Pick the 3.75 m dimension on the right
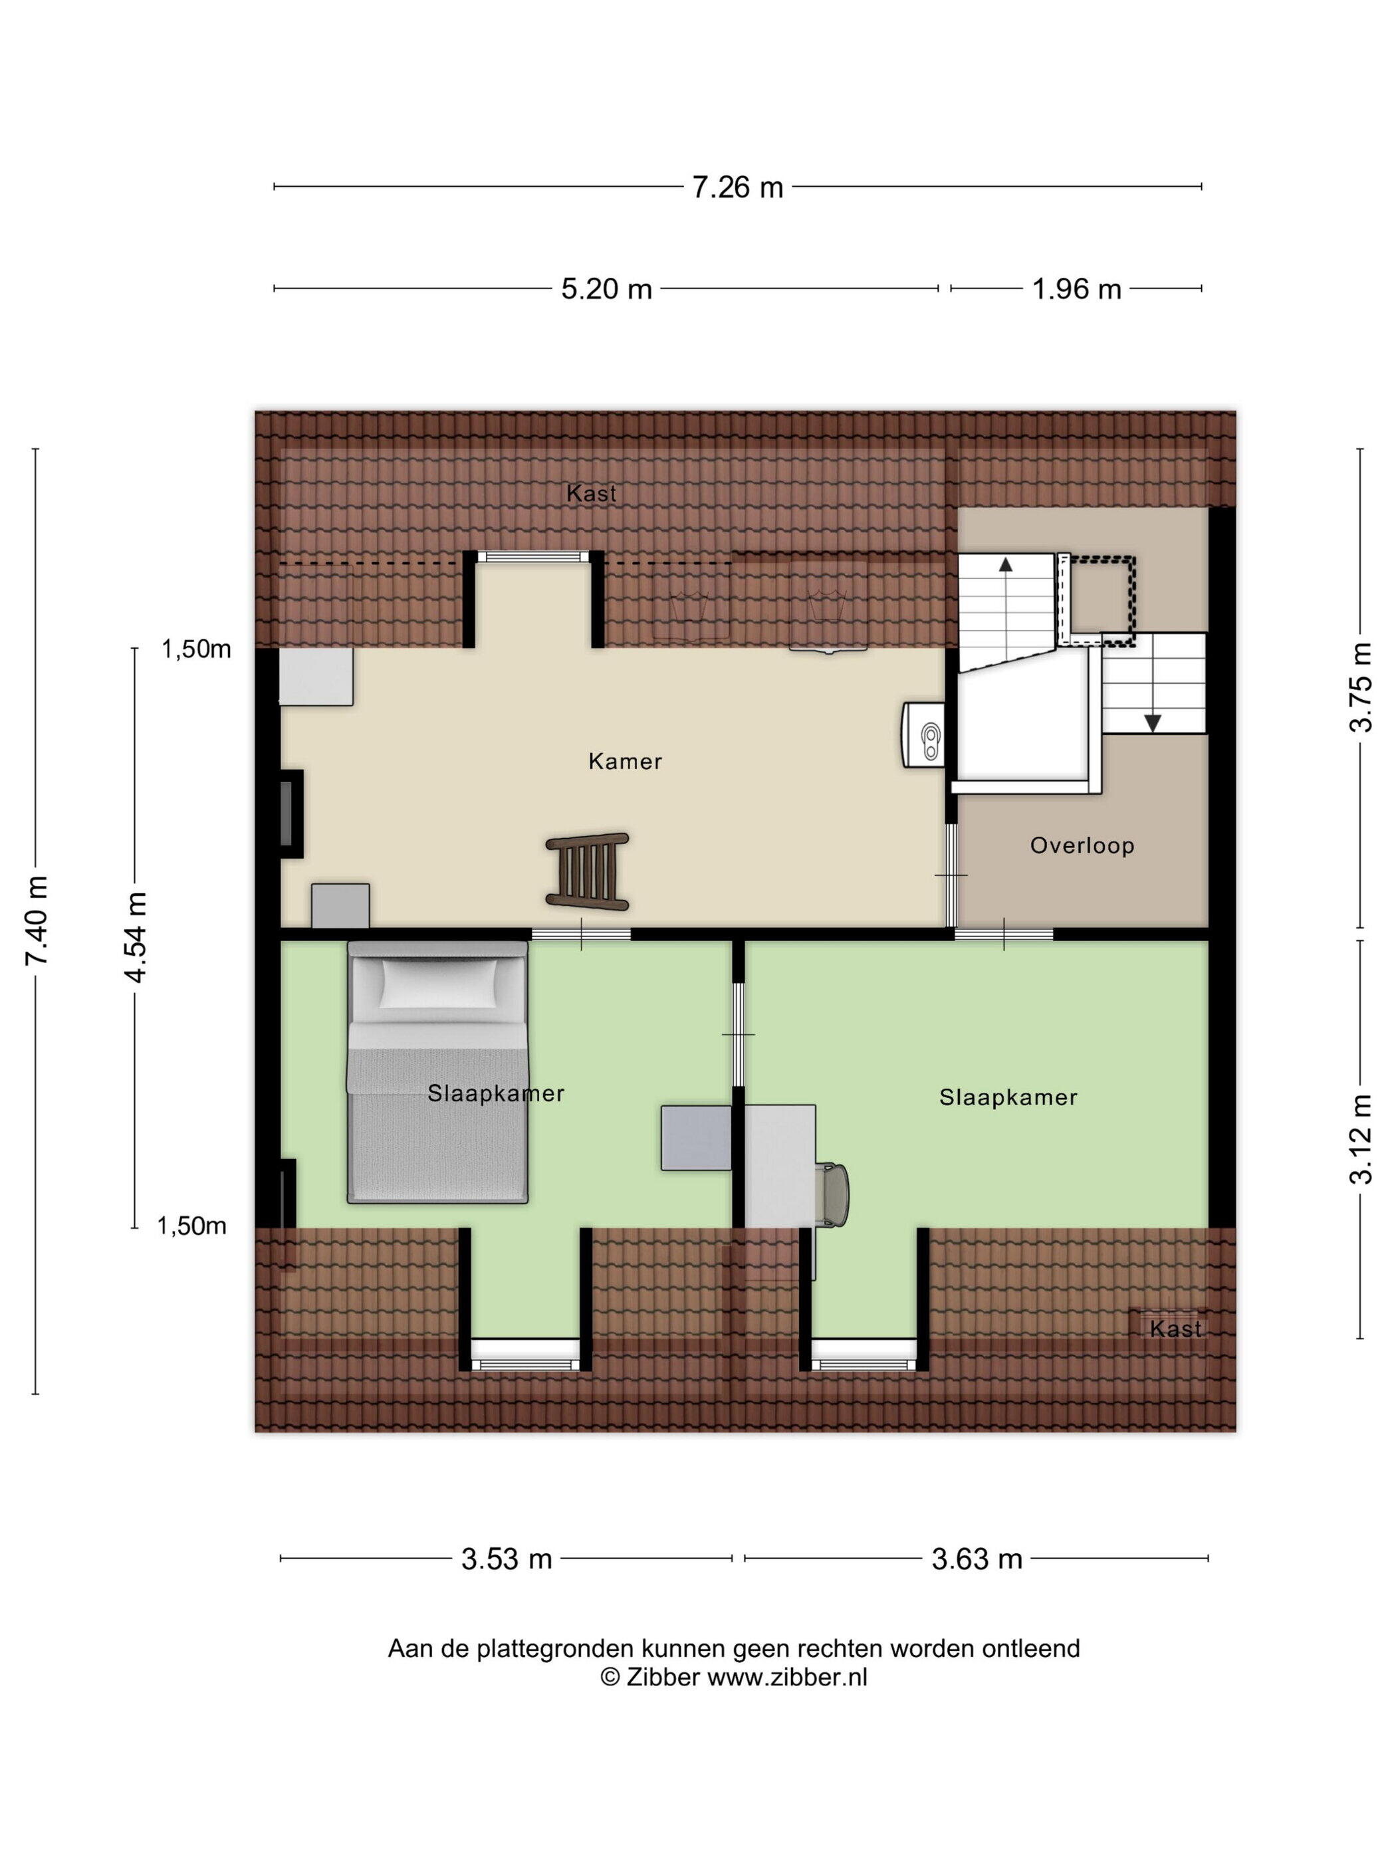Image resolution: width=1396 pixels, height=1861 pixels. pos(1361,687)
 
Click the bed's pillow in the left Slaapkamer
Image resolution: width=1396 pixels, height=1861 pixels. pos(439,982)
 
